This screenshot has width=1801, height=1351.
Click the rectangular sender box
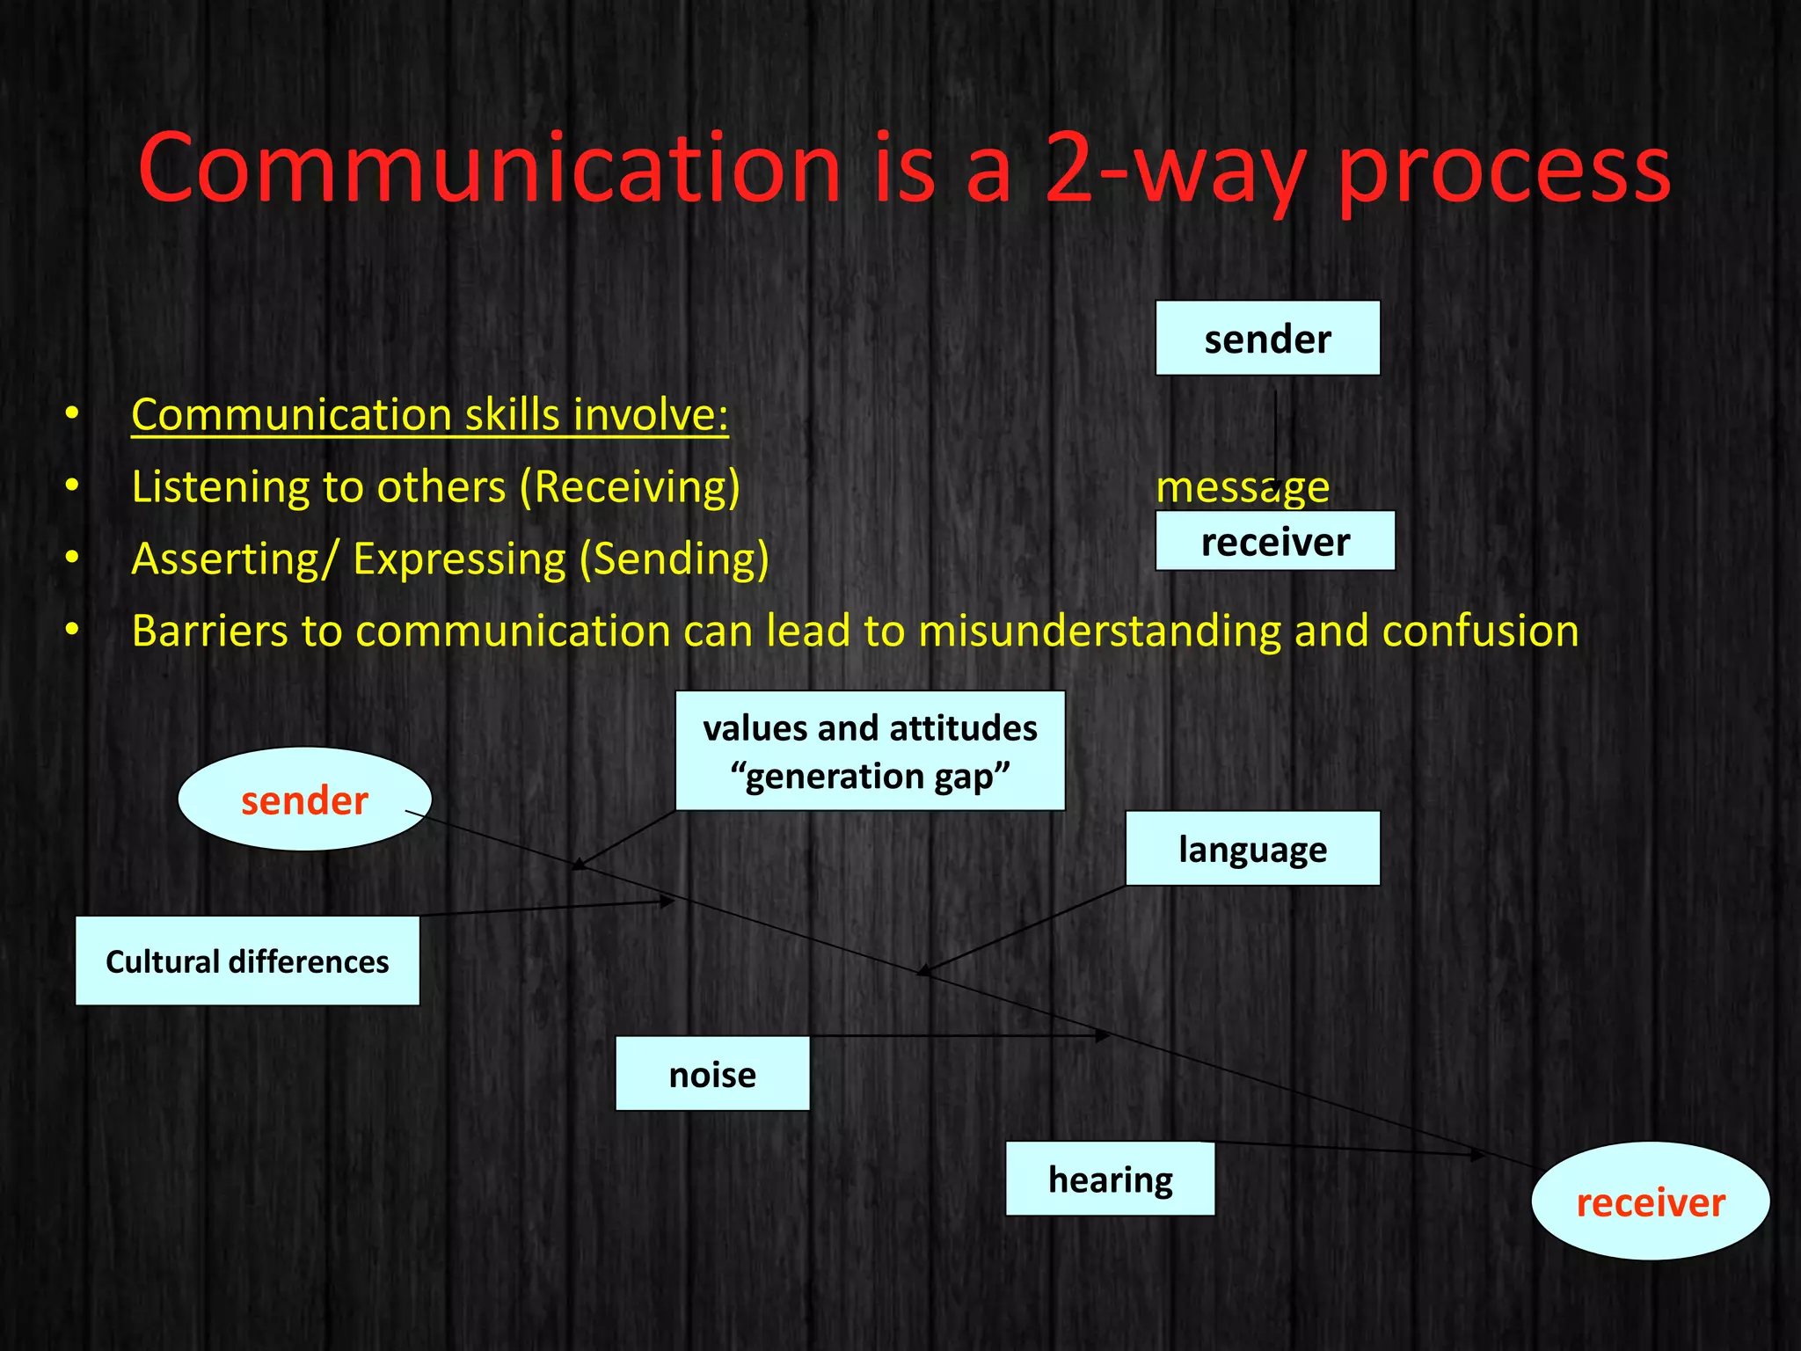click(1267, 339)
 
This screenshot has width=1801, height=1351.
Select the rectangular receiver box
click(1274, 542)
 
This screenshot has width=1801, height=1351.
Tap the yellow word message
click(1242, 487)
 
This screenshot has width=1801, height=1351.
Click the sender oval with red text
click(304, 800)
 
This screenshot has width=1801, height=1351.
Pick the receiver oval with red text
click(1650, 1201)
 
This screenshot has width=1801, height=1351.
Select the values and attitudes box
click(870, 751)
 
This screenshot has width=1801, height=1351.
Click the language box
click(1252, 849)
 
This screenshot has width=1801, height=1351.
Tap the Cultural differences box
click(247, 961)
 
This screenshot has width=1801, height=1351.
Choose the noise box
click(712, 1074)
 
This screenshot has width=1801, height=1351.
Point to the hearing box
click(1110, 1179)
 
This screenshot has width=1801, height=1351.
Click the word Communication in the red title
click(489, 169)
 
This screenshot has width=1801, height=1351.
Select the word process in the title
click(1503, 169)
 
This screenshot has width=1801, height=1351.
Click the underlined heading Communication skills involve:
click(429, 414)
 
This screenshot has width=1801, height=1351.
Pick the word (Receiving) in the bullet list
click(630, 487)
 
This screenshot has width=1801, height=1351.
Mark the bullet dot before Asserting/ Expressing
click(72, 558)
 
